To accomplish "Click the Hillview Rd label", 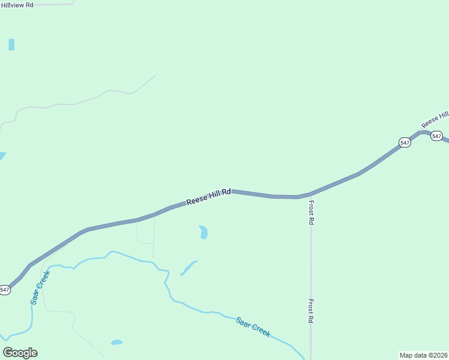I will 17,5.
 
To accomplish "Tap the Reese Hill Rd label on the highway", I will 208,197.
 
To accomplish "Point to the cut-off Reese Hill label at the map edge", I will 435,118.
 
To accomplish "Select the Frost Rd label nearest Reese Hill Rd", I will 312,212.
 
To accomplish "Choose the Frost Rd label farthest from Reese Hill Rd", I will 311,311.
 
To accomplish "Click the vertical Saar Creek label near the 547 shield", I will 40,287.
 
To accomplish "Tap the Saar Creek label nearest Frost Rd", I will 253,326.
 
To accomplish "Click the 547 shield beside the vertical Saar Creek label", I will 5,290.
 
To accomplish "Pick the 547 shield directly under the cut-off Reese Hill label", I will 436,136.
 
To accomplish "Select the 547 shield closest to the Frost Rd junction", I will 405,142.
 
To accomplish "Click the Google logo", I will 20,352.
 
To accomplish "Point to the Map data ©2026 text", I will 423,355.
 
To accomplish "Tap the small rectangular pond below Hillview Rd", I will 11,44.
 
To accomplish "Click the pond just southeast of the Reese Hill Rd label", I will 203,232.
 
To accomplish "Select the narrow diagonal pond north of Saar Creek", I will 188,268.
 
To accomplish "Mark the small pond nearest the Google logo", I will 116,343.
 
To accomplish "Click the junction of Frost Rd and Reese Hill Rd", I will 310,194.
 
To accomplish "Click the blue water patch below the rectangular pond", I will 2,156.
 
